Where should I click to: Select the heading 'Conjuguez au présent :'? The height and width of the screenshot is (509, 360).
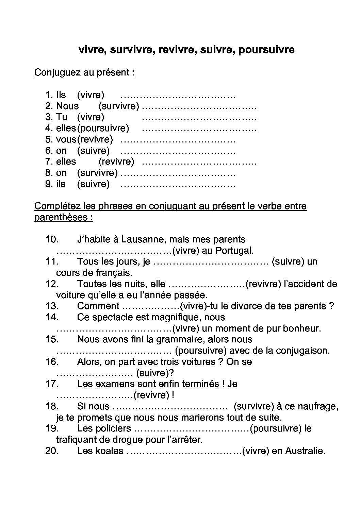84,72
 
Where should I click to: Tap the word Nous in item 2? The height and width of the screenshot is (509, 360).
67,106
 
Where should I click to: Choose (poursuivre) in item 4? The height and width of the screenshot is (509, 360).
103,128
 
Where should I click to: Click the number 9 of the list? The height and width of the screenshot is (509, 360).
48,184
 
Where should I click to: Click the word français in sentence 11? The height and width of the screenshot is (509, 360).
111,273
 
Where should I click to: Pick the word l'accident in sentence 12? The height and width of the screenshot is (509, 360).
305,284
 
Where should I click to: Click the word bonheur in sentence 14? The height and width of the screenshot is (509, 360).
301,328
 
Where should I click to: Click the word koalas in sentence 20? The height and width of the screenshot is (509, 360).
108,451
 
